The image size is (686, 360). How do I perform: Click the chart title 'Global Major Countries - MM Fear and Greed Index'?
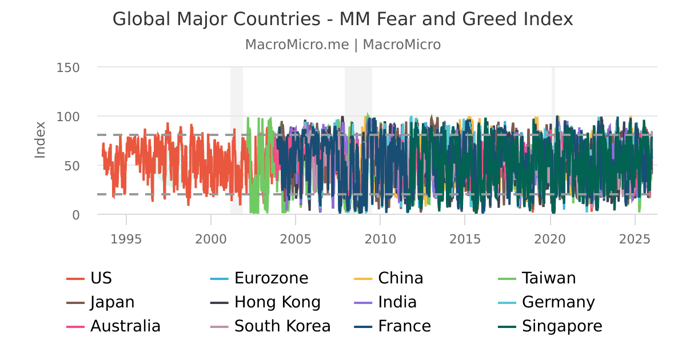(x=342, y=19)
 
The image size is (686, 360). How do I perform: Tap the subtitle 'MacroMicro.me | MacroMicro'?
(x=342, y=45)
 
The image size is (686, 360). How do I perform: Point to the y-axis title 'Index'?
(x=40, y=139)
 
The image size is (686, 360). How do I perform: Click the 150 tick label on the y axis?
(x=68, y=67)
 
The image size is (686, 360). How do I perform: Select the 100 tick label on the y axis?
(x=68, y=117)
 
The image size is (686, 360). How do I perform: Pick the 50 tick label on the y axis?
(x=71, y=166)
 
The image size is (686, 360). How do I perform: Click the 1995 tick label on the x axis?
(x=126, y=238)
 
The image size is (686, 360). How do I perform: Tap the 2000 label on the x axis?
(x=211, y=238)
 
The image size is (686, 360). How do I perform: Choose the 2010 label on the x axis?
(x=380, y=238)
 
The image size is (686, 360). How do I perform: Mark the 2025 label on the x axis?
(x=635, y=238)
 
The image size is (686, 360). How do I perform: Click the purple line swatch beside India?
(x=364, y=303)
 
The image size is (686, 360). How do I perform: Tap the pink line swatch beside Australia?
(x=75, y=327)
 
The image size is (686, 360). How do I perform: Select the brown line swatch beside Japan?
(x=75, y=303)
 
